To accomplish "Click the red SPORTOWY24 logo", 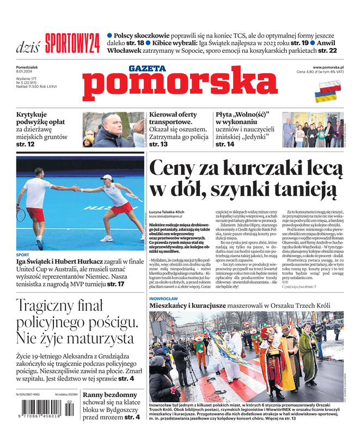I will click(72, 43).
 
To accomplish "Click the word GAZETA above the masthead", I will click(147, 68).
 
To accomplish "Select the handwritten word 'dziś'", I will click(28, 46).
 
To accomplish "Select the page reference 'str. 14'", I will click(225, 144).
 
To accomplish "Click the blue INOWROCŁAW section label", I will click(164, 299).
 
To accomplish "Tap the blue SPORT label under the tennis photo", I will click(23, 255).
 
